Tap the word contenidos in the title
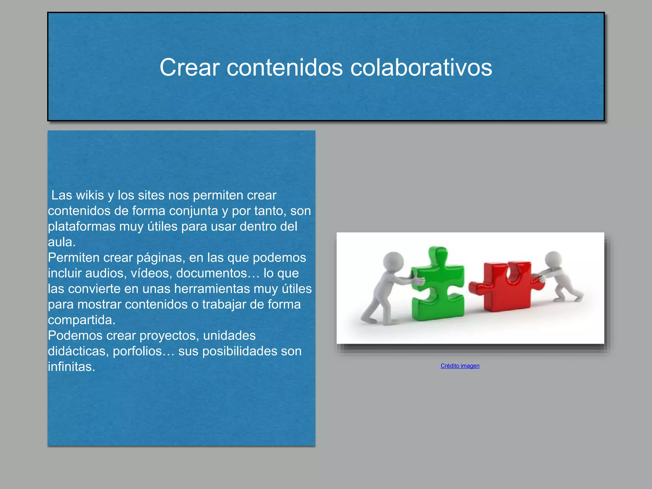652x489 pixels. [x=285, y=67]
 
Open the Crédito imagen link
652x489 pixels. [x=460, y=366]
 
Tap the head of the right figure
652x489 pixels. [x=553, y=259]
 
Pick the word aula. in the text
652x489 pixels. [x=62, y=242]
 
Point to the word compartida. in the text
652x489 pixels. [x=81, y=320]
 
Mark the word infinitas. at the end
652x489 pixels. [x=71, y=367]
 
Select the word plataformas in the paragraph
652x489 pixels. [x=81, y=227]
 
